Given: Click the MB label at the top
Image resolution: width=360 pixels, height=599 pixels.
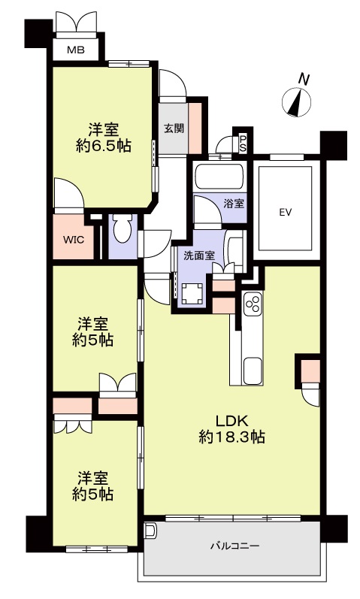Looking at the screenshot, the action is coord(76,50).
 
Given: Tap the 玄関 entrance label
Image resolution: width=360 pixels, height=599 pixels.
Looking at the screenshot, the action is coord(174,129).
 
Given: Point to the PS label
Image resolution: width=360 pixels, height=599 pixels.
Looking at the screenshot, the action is coord(243,144).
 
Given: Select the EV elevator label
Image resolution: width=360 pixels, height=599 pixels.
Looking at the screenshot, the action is coord(286,213).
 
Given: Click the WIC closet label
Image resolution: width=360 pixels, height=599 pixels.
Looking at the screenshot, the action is coord(74,241).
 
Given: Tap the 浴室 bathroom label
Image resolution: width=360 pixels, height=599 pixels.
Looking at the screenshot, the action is coord(234,204).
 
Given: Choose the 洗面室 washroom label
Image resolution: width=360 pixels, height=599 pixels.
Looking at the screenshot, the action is coord(198,256).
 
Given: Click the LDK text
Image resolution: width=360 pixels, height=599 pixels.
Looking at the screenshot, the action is coord(232,421).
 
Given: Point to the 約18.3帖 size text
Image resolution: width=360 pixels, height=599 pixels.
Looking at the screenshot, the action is coord(232,437).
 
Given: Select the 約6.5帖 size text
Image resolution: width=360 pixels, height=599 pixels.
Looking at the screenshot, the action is coord(104,146).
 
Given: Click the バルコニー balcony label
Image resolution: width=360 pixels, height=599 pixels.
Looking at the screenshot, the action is coord(235,546).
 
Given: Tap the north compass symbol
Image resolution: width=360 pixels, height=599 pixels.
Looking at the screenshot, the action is coord(296,102).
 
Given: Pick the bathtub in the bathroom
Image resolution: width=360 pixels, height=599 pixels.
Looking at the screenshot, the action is coord(219,177).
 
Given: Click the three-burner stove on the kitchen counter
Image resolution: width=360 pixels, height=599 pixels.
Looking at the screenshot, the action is coord(253,304).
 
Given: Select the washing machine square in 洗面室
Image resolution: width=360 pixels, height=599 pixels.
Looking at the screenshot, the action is coord(192,294).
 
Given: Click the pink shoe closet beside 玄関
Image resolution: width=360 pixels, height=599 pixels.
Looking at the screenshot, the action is coord(195,129).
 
